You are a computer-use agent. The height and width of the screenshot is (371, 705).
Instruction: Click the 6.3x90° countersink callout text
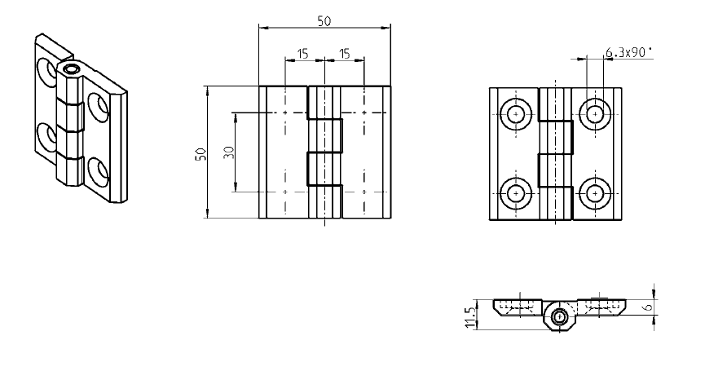coord(630,53)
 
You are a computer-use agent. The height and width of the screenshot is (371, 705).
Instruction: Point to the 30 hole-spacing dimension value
coord(229,152)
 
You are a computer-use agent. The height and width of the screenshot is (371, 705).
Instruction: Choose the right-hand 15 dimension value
coord(344,54)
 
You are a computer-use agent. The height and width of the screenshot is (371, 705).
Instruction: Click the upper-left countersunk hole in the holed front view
coord(517,114)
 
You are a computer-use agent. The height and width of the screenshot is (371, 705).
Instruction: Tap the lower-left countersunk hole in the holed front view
coord(517,193)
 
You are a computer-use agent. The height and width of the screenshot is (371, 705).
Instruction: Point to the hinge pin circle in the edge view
coord(559,316)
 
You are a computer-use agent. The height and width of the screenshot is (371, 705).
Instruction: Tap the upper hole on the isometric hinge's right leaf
coord(99,106)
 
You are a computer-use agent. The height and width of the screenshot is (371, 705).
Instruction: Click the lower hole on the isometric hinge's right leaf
coord(99,170)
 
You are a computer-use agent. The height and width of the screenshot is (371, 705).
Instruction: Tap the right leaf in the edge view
coord(599,306)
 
